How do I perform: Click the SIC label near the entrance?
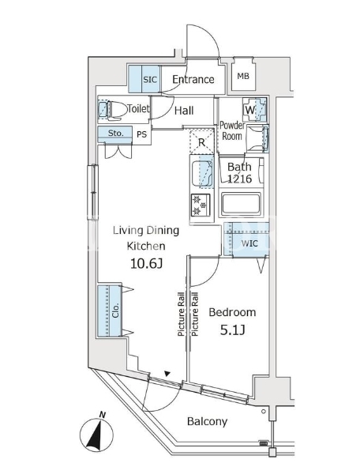150,80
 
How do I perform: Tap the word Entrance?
193,79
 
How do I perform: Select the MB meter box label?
243,76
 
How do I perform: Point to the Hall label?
184,111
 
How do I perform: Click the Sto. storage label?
115,133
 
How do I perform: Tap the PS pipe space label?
142,134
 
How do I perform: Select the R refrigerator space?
202,142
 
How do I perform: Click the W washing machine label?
250,110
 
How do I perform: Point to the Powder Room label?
232,130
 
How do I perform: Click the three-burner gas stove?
201,205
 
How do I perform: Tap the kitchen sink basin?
202,173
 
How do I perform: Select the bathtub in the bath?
241,204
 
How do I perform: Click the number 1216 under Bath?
239,179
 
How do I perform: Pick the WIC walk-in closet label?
249,243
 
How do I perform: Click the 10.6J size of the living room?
146,264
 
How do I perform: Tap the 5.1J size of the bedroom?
232,330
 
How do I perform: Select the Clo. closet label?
115,311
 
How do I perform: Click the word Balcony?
208,421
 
